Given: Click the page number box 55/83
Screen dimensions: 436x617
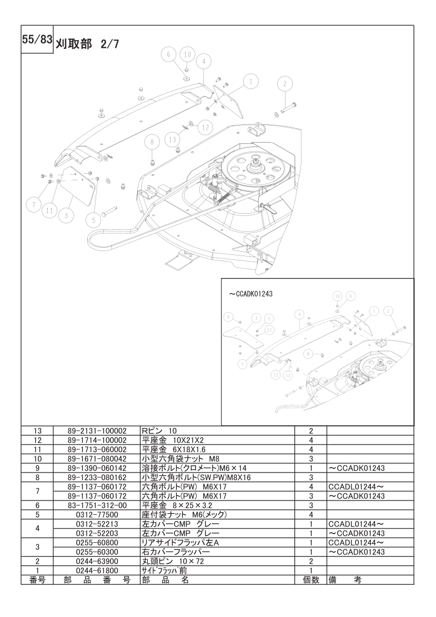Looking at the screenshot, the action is [x=37, y=40].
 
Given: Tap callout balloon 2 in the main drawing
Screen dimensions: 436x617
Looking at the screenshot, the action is [x=285, y=84].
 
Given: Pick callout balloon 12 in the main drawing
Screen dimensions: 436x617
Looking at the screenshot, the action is [x=205, y=127].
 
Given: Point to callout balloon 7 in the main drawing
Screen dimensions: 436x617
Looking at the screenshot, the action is [x=34, y=204].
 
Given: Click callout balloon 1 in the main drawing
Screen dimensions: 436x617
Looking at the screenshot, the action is [x=250, y=82].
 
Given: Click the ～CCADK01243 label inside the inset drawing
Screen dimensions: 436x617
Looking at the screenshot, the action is [x=251, y=293].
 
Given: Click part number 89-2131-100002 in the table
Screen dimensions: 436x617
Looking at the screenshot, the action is [x=97, y=431].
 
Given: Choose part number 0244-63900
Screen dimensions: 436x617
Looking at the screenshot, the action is [x=97, y=561].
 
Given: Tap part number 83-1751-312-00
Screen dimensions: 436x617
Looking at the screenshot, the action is [x=97, y=505].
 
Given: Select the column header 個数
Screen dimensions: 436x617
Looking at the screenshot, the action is [x=311, y=580].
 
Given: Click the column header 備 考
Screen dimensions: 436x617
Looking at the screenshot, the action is [x=345, y=580].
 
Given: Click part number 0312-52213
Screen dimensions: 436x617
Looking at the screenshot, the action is [x=97, y=524].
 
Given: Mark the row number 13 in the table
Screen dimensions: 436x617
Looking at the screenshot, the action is [x=37, y=431].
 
